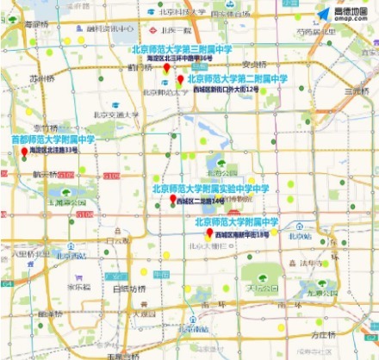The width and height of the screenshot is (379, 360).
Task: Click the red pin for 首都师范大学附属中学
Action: pos(24,152)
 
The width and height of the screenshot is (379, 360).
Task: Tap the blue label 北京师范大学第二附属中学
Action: pos(238,78)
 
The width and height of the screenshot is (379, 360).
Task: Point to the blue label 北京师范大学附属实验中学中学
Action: pos(211,189)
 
